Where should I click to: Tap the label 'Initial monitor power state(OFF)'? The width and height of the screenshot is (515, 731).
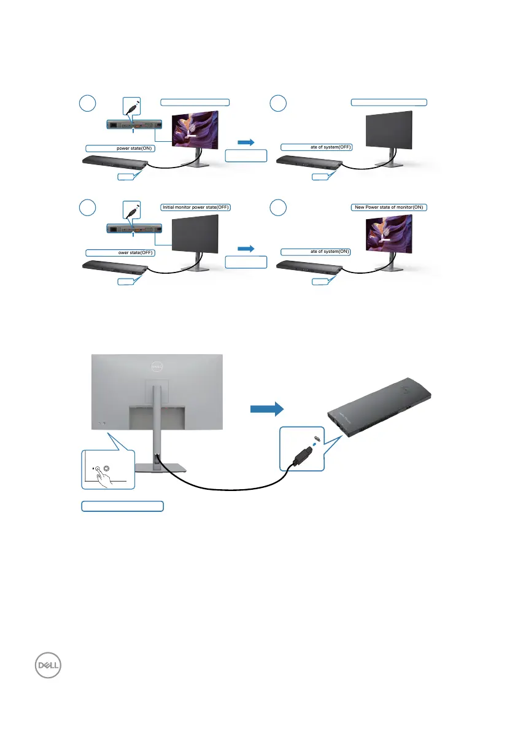pyautogui.click(x=195, y=207)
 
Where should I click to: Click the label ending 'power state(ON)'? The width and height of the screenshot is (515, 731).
pyautogui.click(x=120, y=148)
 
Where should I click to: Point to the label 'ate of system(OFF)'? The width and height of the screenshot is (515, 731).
pyautogui.click(x=316, y=147)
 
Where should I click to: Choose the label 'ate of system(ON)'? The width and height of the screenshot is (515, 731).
pyautogui.click(x=316, y=252)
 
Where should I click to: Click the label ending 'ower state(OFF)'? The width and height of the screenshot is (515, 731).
pyautogui.click(x=120, y=253)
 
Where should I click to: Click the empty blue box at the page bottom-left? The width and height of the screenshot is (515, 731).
pyautogui.click(x=123, y=506)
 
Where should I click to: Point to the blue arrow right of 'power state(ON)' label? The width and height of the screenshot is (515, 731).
pyautogui.click(x=246, y=142)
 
